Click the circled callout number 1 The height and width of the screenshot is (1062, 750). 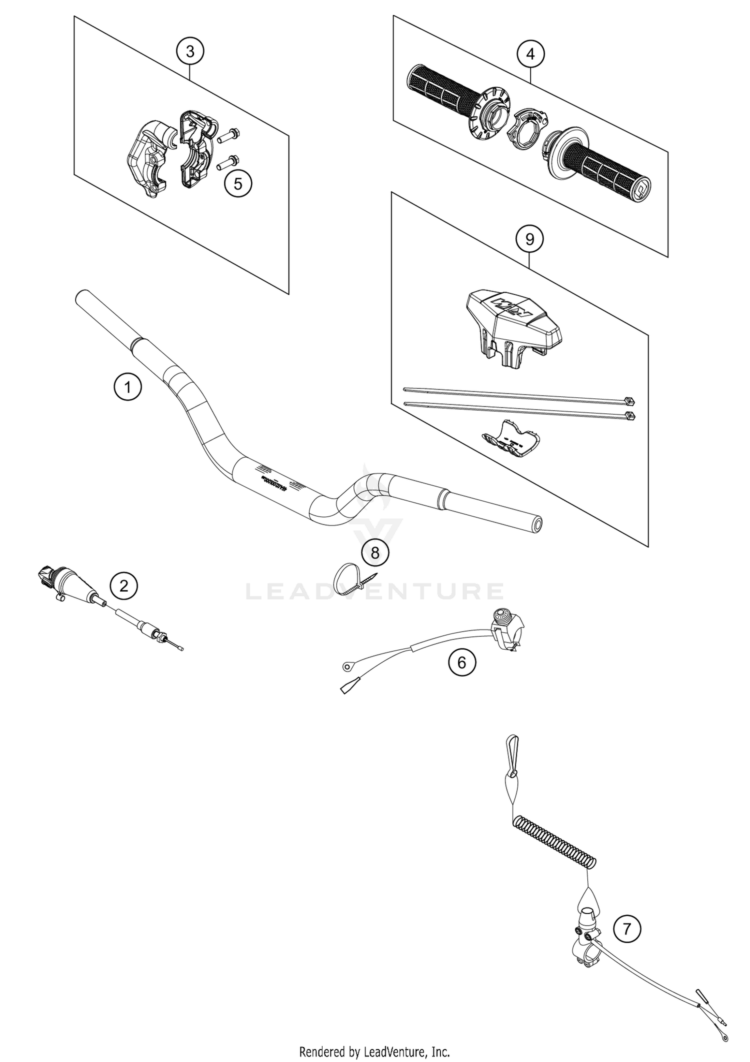(127, 387)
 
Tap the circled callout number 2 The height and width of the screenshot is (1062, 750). (123, 585)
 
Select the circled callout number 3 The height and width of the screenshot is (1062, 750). (190, 51)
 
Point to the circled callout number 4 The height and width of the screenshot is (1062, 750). (530, 53)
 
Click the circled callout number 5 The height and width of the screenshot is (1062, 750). (238, 183)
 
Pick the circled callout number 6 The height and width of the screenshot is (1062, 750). (461, 662)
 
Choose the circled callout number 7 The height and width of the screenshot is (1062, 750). (626, 929)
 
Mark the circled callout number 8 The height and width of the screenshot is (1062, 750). (375, 552)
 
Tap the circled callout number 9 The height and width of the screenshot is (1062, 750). (529, 239)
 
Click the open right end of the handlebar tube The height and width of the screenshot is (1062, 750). (536, 524)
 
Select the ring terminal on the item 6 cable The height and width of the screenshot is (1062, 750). (346, 665)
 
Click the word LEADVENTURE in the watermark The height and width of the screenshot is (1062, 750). (374, 591)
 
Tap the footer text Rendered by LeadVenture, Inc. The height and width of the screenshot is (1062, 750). (374, 1051)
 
